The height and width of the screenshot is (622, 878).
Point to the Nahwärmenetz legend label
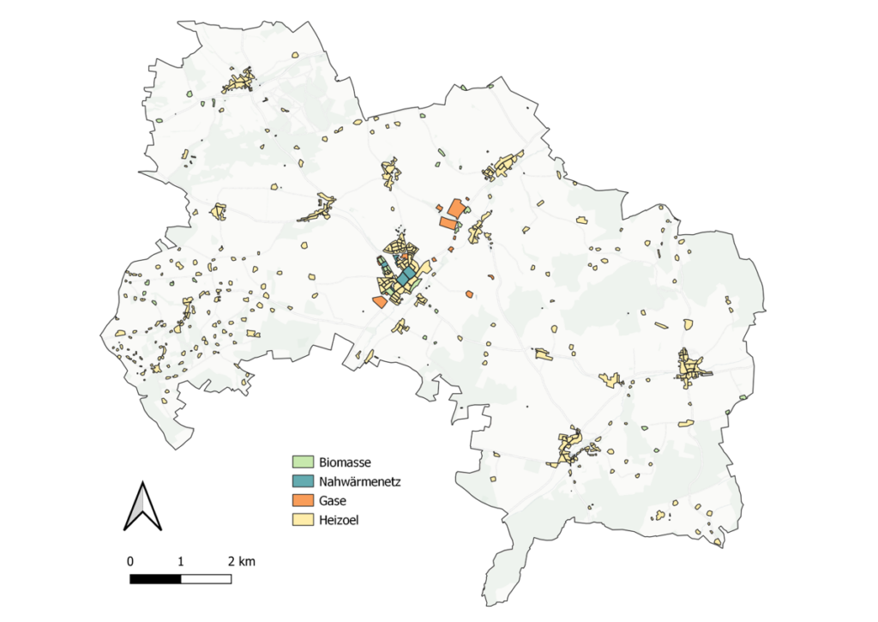(x=359, y=480)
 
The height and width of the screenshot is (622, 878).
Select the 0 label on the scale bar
(x=130, y=561)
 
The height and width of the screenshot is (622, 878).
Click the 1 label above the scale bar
(x=181, y=561)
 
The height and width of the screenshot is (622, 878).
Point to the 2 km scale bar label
(x=241, y=561)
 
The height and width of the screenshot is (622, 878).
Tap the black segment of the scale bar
(x=155, y=579)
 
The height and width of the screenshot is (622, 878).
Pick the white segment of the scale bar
(x=206, y=579)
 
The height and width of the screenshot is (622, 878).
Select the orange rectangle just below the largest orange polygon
(x=448, y=223)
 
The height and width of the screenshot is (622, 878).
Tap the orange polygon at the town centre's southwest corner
(x=379, y=302)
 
